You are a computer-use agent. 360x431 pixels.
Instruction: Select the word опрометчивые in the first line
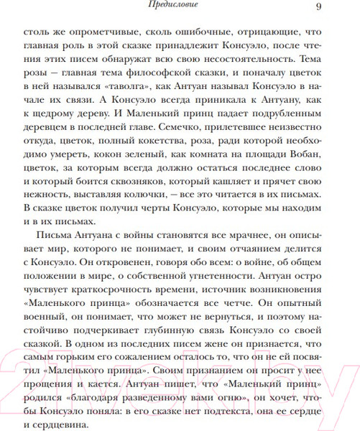pyautogui.click(x=91, y=33)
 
